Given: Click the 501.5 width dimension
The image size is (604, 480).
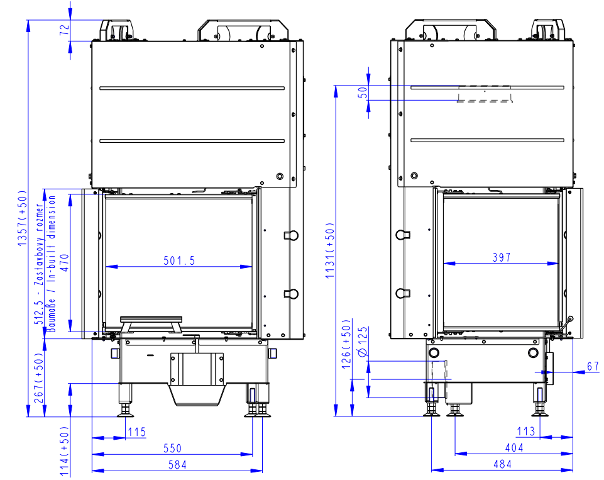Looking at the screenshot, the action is click(x=179, y=260).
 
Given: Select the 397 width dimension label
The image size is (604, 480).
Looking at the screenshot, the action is click(x=501, y=257).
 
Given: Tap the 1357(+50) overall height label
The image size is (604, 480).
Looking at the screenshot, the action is click(x=23, y=218).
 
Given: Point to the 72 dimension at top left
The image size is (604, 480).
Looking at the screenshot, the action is click(x=64, y=30).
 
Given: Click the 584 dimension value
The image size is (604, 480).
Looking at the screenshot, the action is click(x=177, y=464).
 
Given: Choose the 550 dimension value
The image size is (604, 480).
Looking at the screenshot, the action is click(x=172, y=449).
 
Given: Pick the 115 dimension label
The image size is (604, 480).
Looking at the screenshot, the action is click(x=137, y=432).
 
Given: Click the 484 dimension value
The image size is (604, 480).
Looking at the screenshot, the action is click(x=502, y=464).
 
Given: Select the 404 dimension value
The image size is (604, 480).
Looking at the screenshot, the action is click(x=514, y=448).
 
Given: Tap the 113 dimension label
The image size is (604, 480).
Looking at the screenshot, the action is click(x=526, y=431).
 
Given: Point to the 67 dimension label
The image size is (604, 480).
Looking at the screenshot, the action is click(x=593, y=366).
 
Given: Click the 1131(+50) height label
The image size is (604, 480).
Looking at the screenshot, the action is click(x=330, y=250).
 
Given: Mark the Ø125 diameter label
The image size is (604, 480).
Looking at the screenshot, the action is click(x=363, y=342).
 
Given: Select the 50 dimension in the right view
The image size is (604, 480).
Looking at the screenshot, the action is click(x=363, y=92).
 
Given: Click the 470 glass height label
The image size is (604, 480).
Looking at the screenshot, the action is click(x=64, y=262).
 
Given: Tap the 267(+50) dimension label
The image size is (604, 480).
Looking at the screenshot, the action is click(x=39, y=378).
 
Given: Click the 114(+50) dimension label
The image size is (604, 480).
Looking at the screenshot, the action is click(x=64, y=452).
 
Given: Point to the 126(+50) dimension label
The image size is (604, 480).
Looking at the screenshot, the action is click(x=346, y=344).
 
